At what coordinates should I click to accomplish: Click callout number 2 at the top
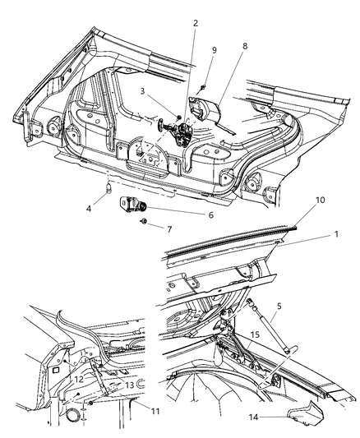click(x=195, y=23)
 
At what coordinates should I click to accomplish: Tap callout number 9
click(x=215, y=49)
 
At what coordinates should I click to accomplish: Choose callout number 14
click(x=278, y=417)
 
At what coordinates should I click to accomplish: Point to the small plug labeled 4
click(x=108, y=191)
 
